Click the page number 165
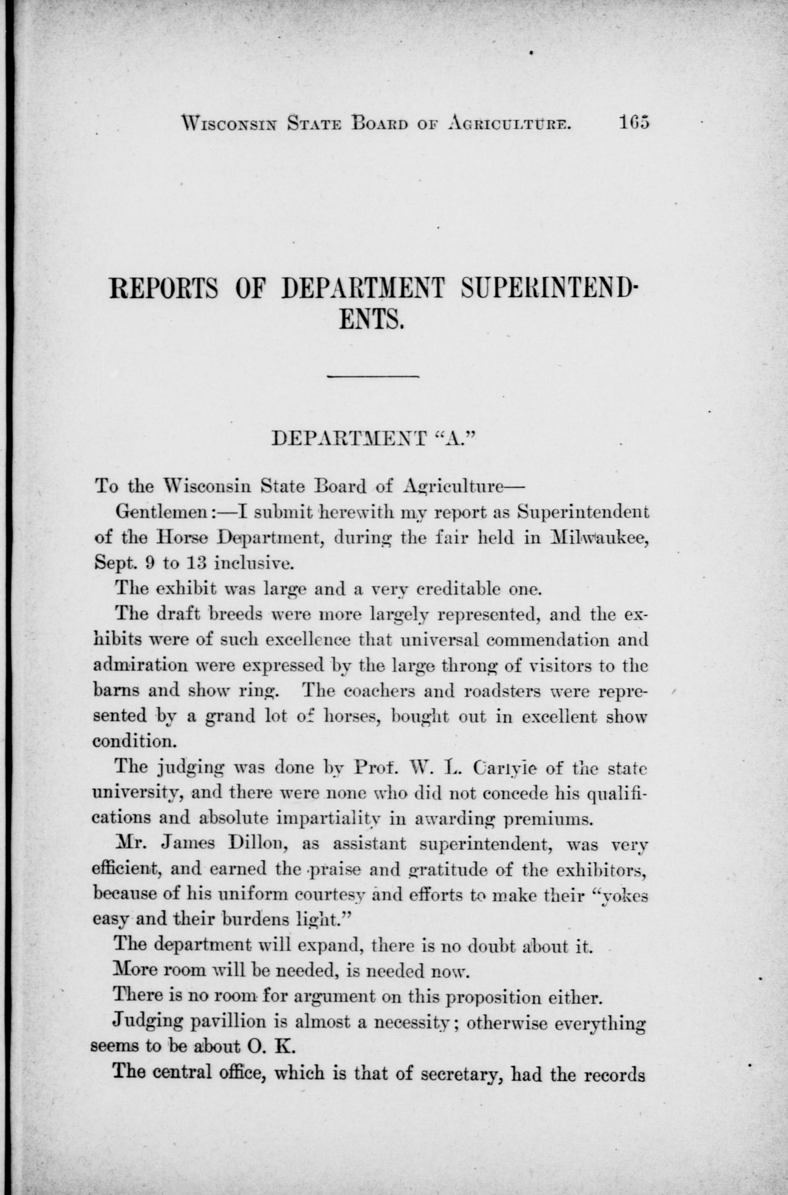click(634, 122)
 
